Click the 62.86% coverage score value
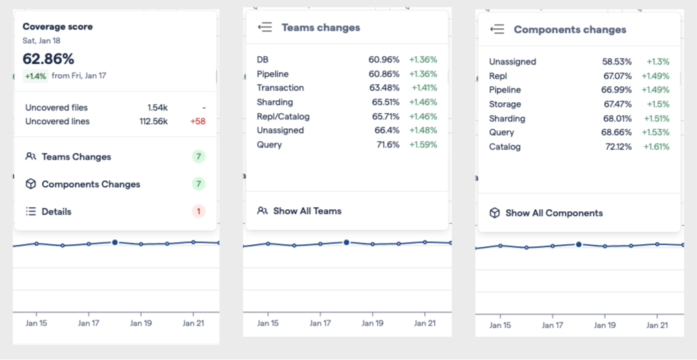[49, 59]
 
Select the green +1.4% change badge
[36, 76]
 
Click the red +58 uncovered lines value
[198, 121]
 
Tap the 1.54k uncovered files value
[158, 108]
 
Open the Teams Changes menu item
[76, 157]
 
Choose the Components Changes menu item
[90, 184]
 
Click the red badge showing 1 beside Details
[199, 212]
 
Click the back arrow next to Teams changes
[265, 27]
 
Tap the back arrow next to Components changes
[498, 29]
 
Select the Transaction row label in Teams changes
[280, 88]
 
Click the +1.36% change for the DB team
[423, 60]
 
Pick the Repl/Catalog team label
[283, 117]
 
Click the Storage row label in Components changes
[505, 104]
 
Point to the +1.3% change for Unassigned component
[657, 62]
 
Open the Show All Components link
[554, 213]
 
